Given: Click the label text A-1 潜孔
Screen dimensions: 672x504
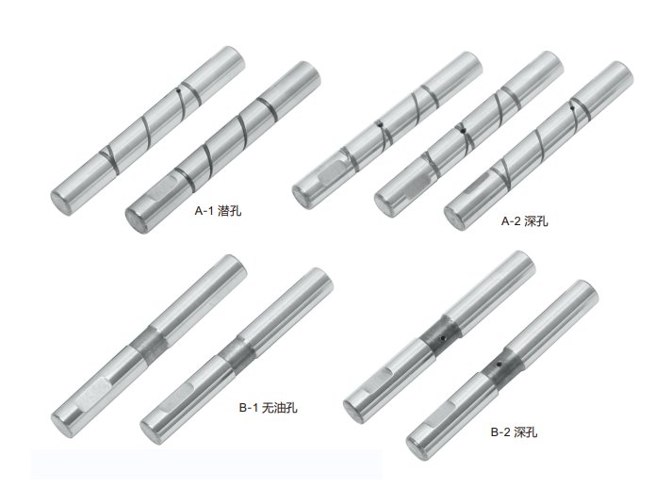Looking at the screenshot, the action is tap(218, 211).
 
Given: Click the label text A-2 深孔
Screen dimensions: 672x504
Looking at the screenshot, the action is tap(525, 221).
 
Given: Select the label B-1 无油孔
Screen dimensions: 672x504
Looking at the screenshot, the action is tap(268, 408).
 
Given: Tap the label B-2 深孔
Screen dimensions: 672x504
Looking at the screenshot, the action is tap(514, 432).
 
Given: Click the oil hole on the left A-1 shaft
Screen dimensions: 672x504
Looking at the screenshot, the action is tap(178, 90).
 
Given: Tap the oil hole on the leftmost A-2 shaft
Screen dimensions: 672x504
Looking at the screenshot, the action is tap(380, 124).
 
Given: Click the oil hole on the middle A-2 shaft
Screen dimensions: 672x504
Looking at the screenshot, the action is tap(462, 131).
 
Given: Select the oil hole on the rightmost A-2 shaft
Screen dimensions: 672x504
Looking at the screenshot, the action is tap(573, 108).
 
